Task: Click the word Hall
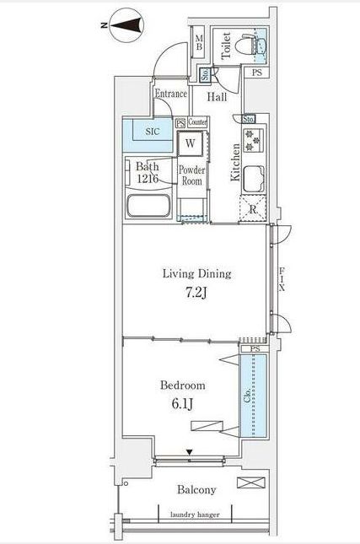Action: (x=218, y=98)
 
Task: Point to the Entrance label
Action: (x=170, y=94)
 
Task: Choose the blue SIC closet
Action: (x=148, y=132)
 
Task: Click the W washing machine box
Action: (x=191, y=143)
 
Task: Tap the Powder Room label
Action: (x=191, y=175)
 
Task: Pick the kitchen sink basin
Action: (x=255, y=179)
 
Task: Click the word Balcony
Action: (x=196, y=490)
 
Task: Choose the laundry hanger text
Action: (x=195, y=514)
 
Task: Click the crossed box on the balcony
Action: (x=250, y=483)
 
